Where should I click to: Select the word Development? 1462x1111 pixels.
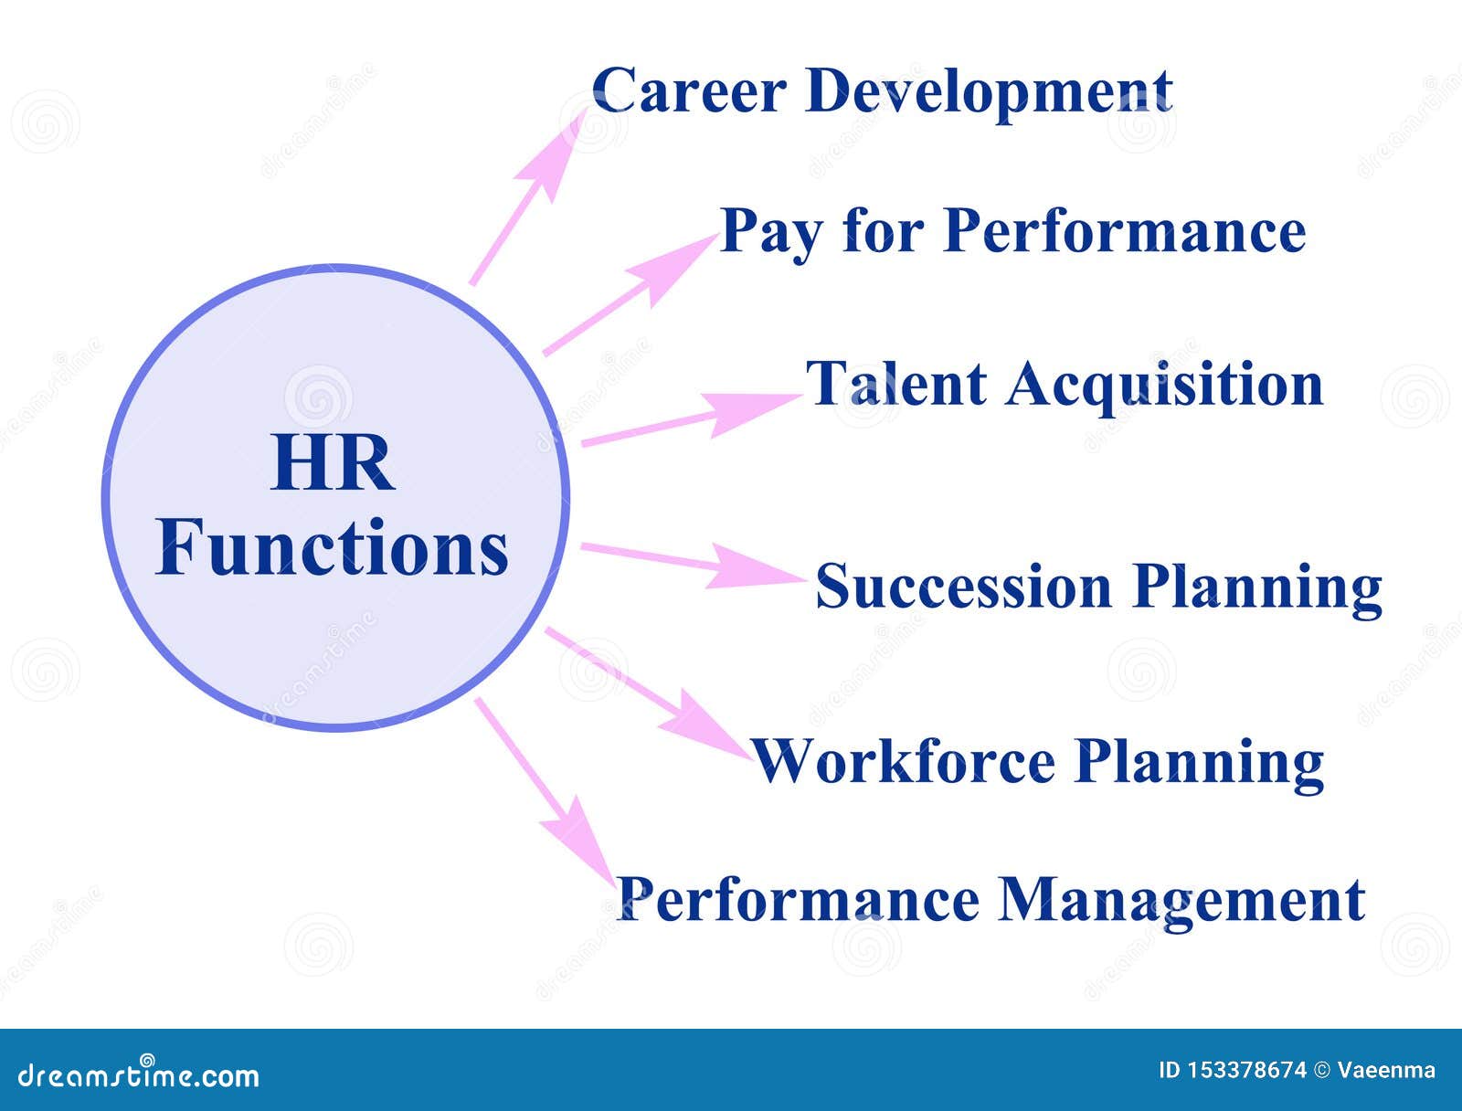coord(989,95)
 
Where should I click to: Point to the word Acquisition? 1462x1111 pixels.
coord(1164,386)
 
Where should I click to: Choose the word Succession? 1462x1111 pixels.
coord(963,585)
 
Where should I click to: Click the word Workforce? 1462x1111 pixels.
coord(903,761)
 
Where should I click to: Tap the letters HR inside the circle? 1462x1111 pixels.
coord(333,464)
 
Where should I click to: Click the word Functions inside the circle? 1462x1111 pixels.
coord(332,547)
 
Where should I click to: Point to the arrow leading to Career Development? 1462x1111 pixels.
coord(529,196)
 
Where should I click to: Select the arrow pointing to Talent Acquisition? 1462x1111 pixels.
coord(692,418)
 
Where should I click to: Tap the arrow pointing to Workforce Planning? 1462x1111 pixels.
coord(649,693)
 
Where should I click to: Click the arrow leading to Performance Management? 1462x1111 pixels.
coord(546,791)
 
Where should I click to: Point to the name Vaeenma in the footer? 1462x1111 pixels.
coord(1386,1071)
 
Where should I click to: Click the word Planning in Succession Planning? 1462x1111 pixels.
coord(1256,590)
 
